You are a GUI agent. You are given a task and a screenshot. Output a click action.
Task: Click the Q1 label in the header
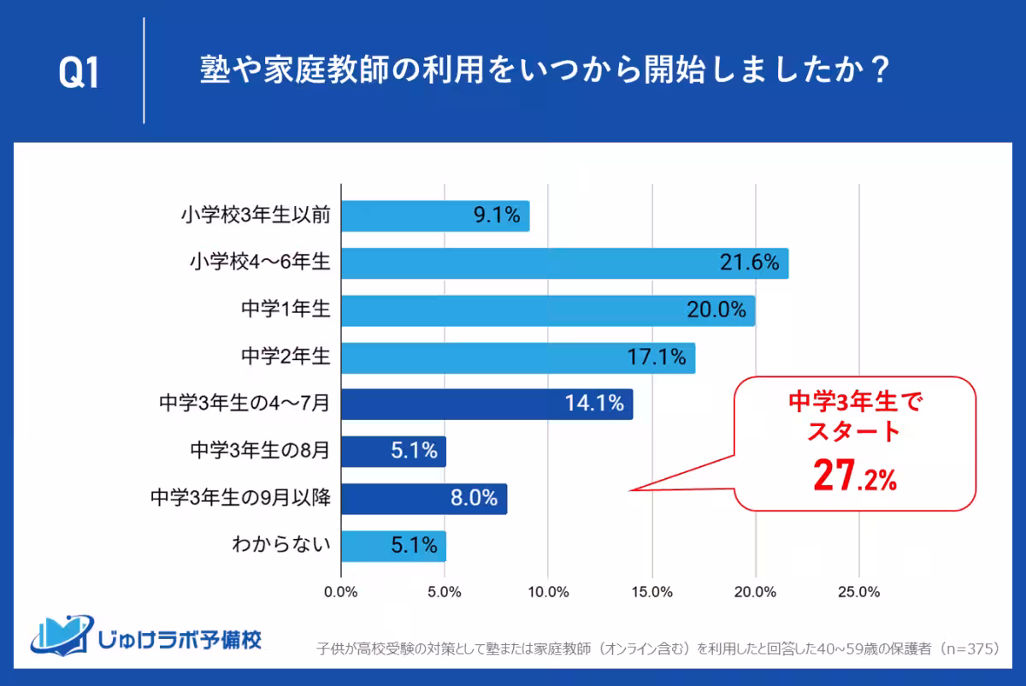[79, 74]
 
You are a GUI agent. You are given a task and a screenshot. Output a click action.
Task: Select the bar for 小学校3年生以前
[435, 216]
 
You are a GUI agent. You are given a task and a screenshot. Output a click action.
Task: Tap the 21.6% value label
[749, 263]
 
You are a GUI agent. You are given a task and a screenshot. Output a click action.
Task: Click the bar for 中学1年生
[547, 310]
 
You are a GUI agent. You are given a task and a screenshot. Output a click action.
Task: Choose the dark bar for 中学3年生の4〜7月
[486, 404]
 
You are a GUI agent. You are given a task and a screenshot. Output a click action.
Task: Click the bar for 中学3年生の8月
[393, 451]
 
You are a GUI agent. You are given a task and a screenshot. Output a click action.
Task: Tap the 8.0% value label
[474, 498]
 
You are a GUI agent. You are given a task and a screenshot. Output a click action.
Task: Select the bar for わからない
[393, 545]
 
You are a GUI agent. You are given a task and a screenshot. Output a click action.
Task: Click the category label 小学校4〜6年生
[260, 264]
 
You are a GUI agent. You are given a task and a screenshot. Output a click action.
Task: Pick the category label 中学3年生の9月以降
[240, 498]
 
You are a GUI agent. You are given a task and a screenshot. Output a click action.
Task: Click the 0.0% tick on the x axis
[341, 592]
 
